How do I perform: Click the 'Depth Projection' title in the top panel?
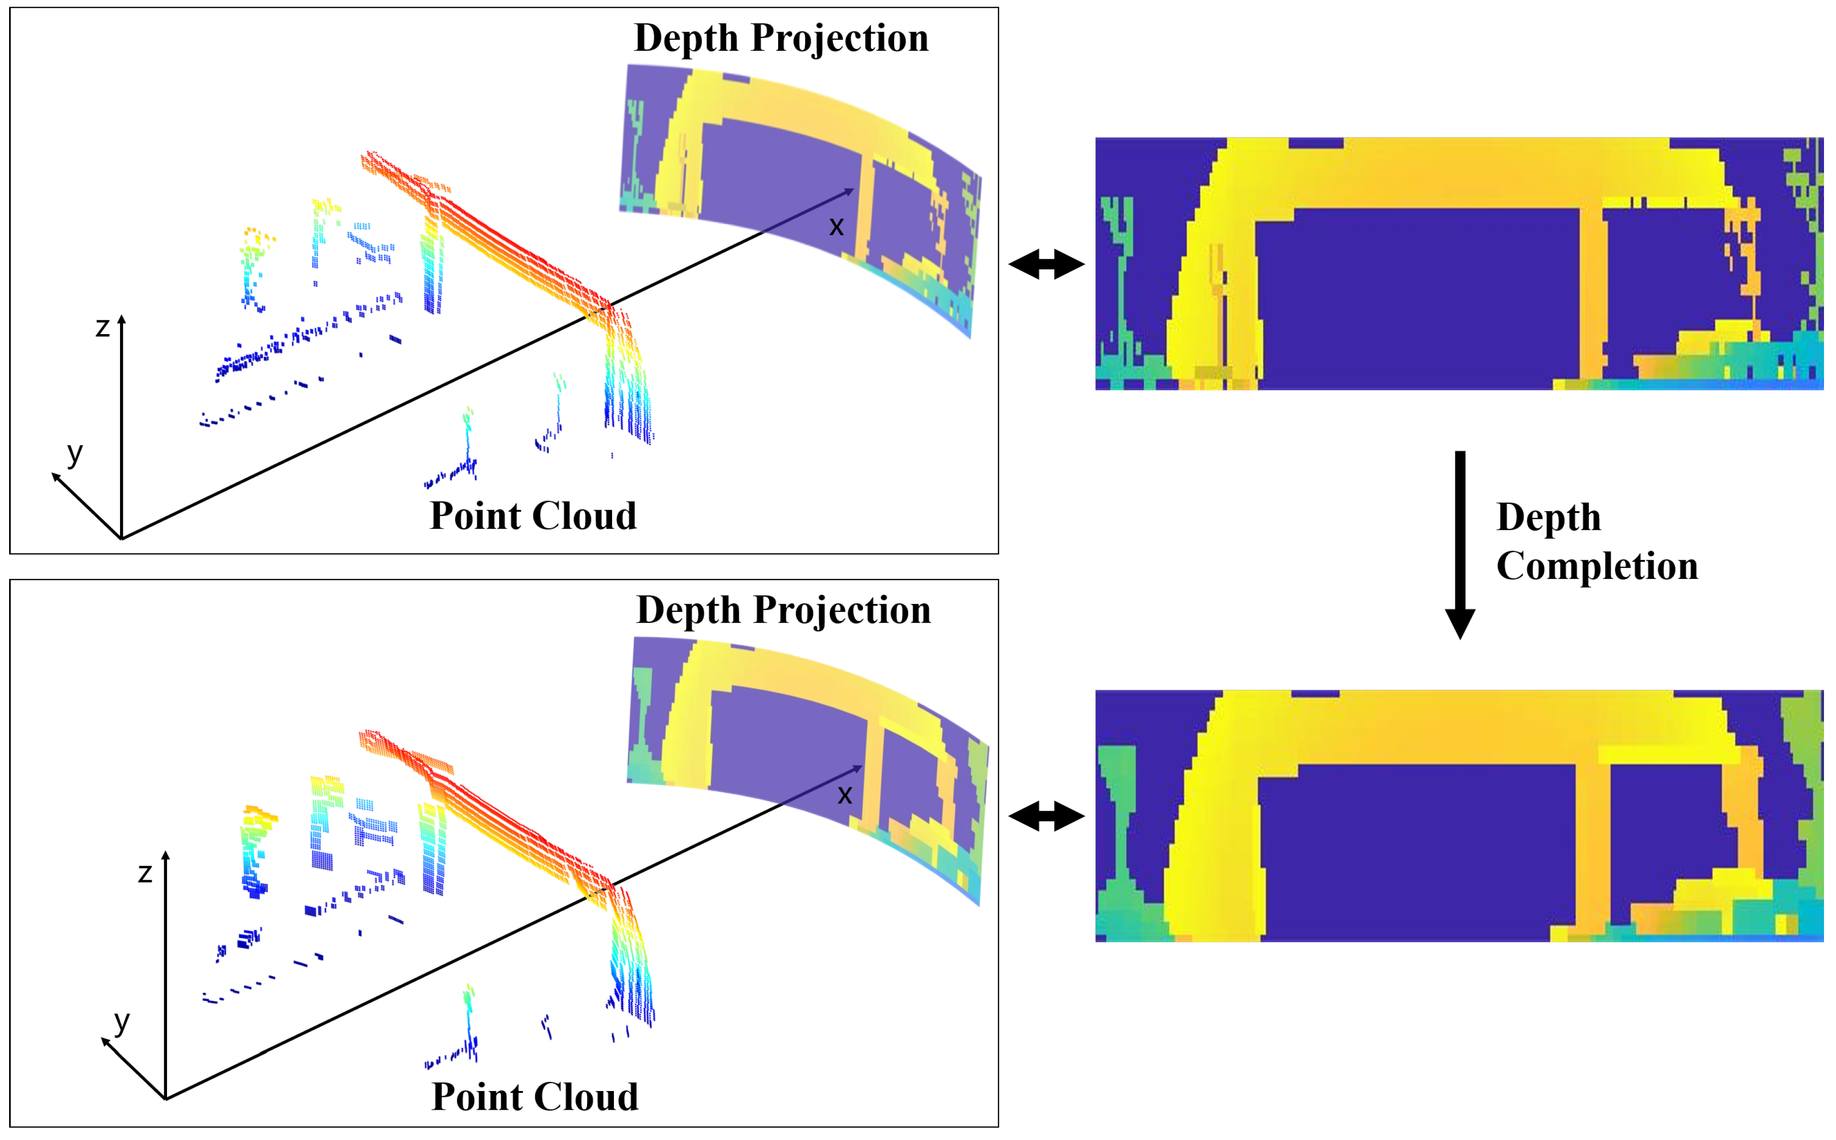pos(781,38)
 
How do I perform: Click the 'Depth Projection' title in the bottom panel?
pos(783,610)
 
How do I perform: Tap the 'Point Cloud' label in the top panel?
pos(533,516)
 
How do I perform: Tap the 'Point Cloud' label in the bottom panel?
pos(535,1097)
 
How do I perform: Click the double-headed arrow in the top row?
pos(1046,264)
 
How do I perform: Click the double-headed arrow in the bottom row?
pos(1046,816)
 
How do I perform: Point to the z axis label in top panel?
pos(103,327)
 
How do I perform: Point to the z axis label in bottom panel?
pos(145,873)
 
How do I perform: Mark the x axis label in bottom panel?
pos(844,795)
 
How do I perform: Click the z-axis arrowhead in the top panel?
pos(121,320)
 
